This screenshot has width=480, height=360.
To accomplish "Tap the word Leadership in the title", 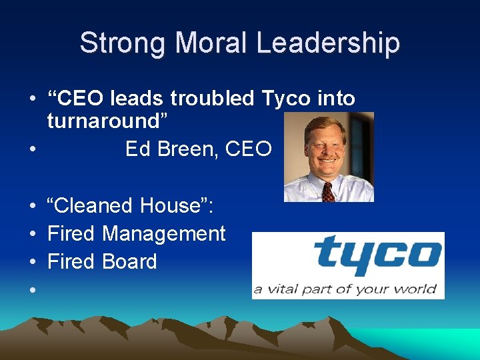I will (x=328, y=43).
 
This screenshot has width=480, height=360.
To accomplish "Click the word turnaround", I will (x=111, y=121).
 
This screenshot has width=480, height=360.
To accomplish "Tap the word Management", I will (x=164, y=234).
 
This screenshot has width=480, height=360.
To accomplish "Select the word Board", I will (x=129, y=262).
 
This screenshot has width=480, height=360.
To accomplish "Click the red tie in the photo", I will (x=328, y=192).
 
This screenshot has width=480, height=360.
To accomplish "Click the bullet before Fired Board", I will (x=32, y=262).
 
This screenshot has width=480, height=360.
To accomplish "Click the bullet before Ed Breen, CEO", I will (x=32, y=149).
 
